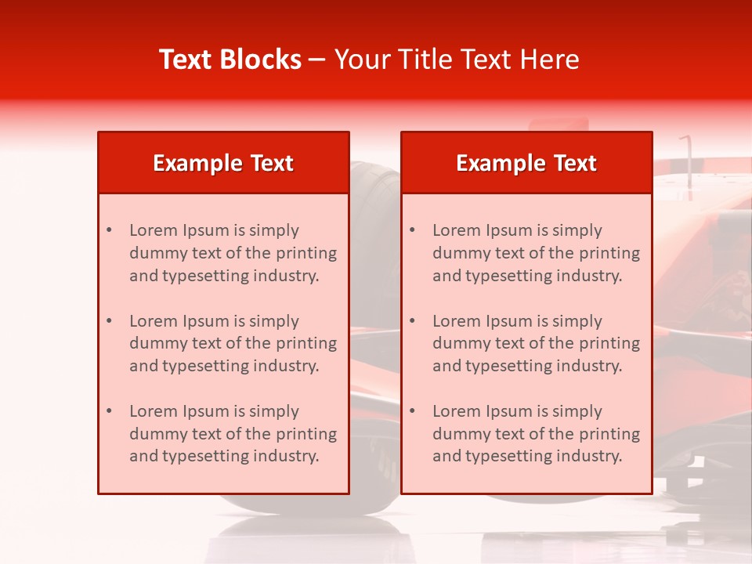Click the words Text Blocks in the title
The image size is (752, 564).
230,60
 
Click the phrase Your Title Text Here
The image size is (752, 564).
457,60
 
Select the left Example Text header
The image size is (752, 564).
223,163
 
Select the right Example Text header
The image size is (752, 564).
526,163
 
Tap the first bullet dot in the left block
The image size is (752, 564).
109,230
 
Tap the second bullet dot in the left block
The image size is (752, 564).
109,321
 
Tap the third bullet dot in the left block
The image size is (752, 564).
109,411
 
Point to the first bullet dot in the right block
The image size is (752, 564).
412,230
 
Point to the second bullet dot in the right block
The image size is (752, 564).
412,321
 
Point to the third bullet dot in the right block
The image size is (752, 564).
412,411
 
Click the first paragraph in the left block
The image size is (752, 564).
233,253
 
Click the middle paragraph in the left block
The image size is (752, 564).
233,343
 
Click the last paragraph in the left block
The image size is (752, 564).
233,434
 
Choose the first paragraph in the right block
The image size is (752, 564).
536,253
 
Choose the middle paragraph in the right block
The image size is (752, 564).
536,343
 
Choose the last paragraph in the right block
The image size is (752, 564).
536,434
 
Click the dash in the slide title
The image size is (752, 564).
317,60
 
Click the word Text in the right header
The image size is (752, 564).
576,163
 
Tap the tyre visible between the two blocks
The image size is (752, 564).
374,235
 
